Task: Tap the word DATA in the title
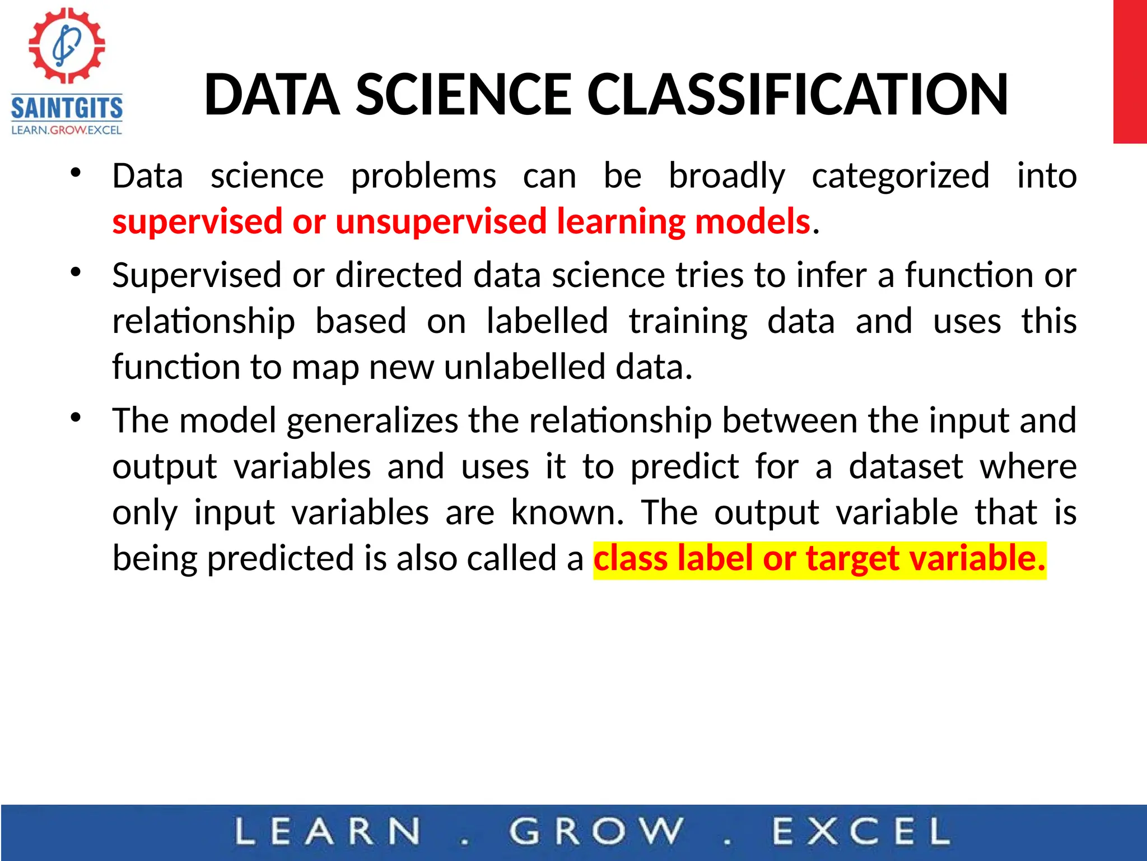(272, 95)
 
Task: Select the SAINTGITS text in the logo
(67, 108)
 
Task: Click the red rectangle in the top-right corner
(1130, 72)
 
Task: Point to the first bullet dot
(76, 172)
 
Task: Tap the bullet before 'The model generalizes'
(76, 418)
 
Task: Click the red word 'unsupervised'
(441, 221)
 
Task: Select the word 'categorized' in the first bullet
(901, 176)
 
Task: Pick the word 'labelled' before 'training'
(547, 321)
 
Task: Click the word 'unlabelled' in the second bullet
(525, 367)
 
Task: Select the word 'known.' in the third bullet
(567, 512)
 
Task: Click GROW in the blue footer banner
(596, 831)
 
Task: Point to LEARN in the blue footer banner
(327, 831)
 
